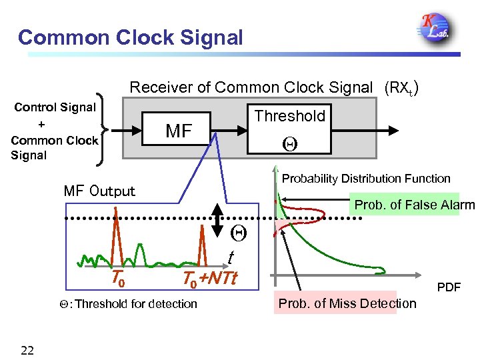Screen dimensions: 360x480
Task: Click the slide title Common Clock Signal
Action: (x=131, y=37)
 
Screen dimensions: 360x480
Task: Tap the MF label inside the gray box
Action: (x=178, y=131)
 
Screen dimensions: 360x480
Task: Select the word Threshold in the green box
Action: (x=289, y=116)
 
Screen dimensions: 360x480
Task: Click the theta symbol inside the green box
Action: (x=289, y=142)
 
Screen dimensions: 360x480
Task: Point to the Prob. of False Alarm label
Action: (x=413, y=205)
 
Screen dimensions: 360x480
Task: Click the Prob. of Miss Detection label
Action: (x=347, y=304)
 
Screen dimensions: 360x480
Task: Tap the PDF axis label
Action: (x=449, y=288)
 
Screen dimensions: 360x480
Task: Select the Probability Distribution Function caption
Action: (x=366, y=179)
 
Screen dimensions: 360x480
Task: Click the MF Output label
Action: (x=99, y=191)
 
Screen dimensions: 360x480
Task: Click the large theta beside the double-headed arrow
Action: (x=238, y=233)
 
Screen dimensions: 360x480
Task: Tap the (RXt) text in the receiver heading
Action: (x=400, y=87)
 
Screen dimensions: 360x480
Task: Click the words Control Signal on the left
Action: (x=55, y=107)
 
